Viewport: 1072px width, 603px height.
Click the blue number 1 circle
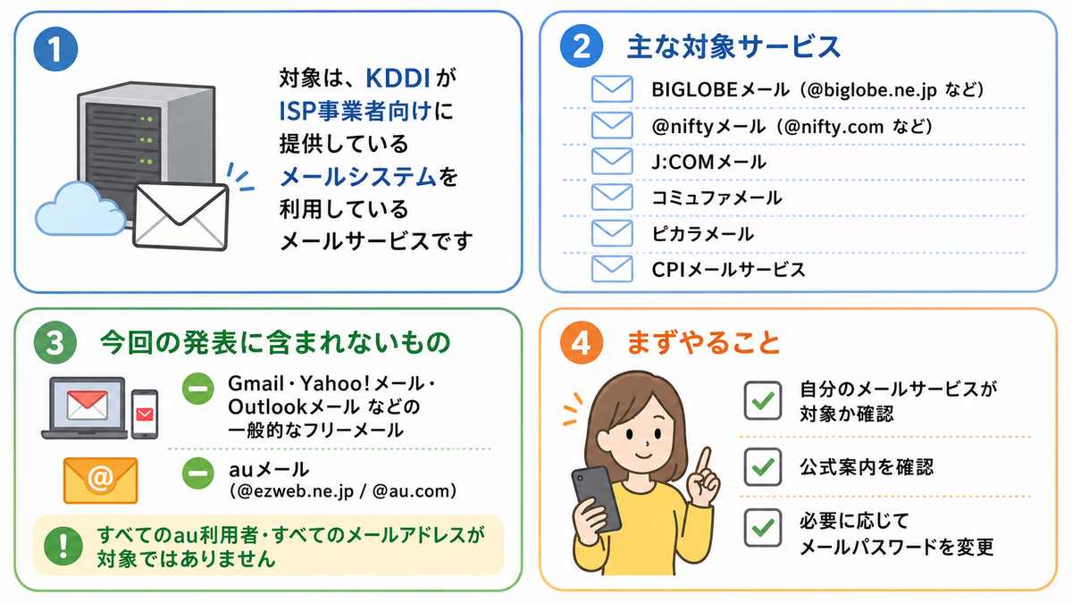click(x=55, y=49)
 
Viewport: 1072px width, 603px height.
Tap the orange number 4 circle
click(x=582, y=343)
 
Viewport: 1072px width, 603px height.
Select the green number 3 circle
click(x=55, y=343)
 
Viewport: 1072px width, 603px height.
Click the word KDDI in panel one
click(x=398, y=78)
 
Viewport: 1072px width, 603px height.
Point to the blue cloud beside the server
click(x=80, y=210)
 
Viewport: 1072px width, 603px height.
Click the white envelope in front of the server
click(x=180, y=216)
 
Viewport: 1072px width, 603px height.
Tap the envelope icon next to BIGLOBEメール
click(x=612, y=89)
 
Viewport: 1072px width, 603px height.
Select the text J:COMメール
click(x=708, y=163)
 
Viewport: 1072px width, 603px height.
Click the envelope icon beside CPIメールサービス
click(x=612, y=269)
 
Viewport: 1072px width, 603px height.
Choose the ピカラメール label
click(x=702, y=234)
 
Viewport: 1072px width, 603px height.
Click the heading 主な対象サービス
click(x=733, y=46)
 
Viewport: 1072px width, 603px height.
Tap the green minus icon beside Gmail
click(x=198, y=389)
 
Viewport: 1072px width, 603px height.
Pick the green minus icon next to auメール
click(x=198, y=473)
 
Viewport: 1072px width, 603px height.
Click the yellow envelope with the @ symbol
click(x=100, y=481)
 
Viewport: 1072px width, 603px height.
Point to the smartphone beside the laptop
click(x=145, y=415)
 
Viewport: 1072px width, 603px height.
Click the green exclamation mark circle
click(x=63, y=546)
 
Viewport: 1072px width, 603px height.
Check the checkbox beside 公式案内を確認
click(x=762, y=466)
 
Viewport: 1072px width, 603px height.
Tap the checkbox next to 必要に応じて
click(x=762, y=528)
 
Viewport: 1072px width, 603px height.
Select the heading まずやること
click(x=704, y=343)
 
